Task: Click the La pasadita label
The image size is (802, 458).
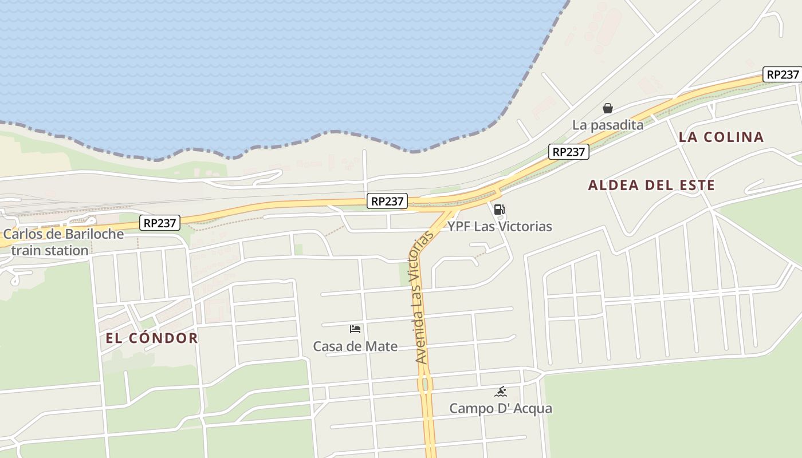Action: tap(608, 125)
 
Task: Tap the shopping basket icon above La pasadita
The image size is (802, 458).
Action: tap(608, 108)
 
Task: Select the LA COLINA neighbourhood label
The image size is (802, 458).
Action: tap(721, 137)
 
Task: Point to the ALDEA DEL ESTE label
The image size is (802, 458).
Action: tap(651, 185)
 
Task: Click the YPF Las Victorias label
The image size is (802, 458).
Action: tap(500, 227)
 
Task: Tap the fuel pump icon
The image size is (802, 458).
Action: tap(500, 210)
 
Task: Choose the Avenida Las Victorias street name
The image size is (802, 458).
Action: tap(422, 298)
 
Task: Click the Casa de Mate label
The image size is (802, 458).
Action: tap(355, 346)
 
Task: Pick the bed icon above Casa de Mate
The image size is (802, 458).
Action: tap(355, 329)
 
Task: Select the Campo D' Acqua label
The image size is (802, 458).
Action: tap(501, 409)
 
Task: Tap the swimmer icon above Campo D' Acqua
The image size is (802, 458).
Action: tap(501, 392)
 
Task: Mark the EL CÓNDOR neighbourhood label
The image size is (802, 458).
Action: tap(152, 338)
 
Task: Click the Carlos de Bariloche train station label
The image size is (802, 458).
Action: tap(63, 242)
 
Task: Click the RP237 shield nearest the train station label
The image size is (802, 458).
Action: tap(160, 223)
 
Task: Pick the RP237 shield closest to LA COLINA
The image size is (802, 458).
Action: tap(781, 74)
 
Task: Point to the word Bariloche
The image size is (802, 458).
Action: tap(94, 234)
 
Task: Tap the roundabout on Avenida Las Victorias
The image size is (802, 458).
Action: tap(425, 384)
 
